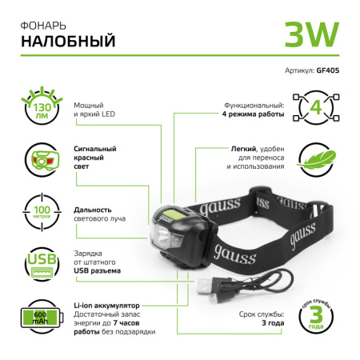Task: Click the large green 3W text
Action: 311,33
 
